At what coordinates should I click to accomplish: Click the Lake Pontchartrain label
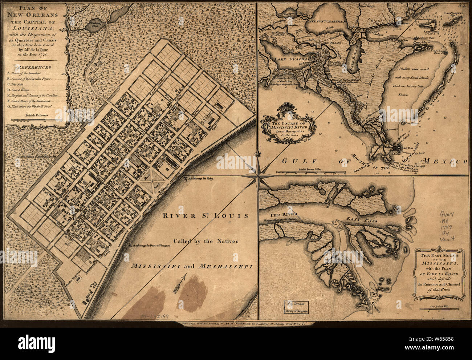tap(327, 21)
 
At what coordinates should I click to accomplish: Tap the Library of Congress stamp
tap(296, 307)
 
